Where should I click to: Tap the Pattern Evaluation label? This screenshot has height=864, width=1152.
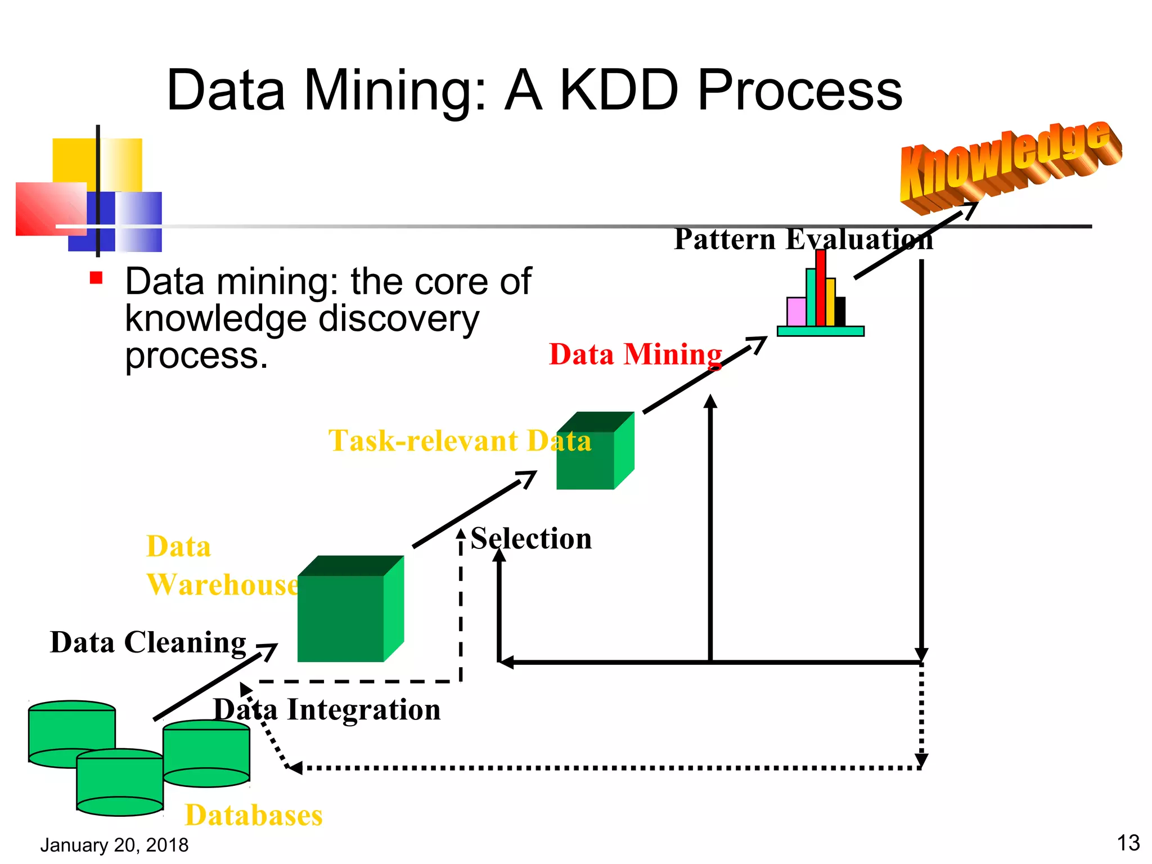point(803,239)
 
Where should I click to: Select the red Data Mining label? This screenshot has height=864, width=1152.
point(635,355)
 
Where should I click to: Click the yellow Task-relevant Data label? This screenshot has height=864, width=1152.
point(460,440)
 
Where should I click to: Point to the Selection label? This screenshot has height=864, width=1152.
point(531,539)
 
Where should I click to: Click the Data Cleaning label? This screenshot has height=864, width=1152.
point(148,642)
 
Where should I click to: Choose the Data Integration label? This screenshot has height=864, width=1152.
point(327,710)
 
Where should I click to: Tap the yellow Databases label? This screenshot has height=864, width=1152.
point(254,815)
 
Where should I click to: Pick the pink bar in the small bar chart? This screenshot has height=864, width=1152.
point(796,312)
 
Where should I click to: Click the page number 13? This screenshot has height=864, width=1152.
point(1128,843)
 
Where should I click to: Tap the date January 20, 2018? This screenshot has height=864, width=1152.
point(114,845)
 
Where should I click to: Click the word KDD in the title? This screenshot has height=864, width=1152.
point(619,90)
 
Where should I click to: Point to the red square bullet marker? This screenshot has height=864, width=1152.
point(96,278)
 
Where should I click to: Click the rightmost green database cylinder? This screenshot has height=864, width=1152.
point(206,754)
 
